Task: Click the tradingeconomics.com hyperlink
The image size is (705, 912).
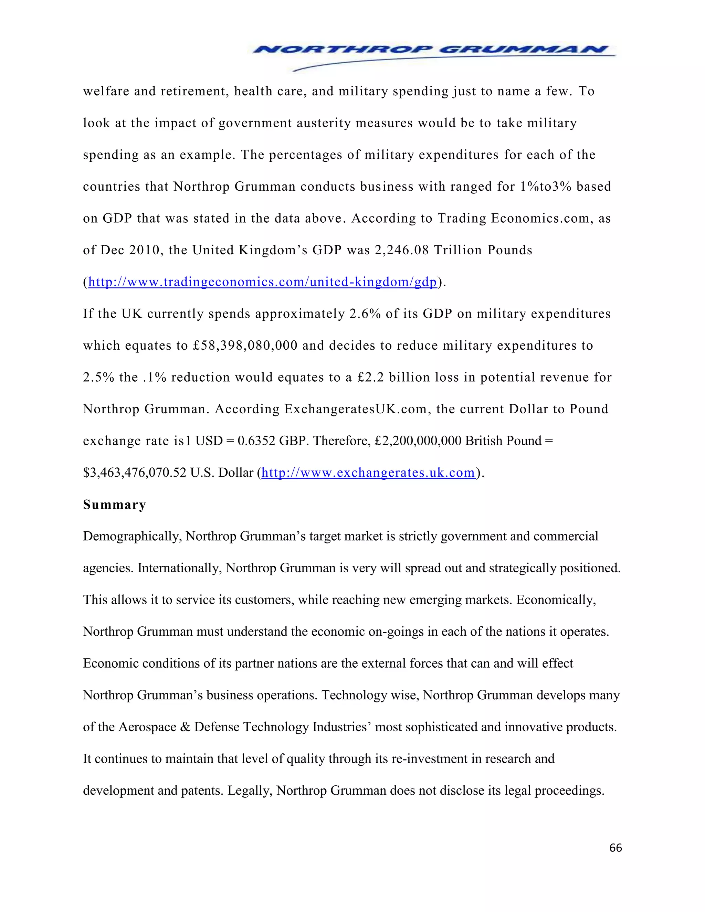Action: click(262, 282)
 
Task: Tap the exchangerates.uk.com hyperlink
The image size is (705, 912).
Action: click(368, 473)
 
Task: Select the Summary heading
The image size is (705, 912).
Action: click(114, 505)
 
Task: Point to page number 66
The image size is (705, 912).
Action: click(615, 847)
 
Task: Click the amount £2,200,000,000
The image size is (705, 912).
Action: click(418, 441)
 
